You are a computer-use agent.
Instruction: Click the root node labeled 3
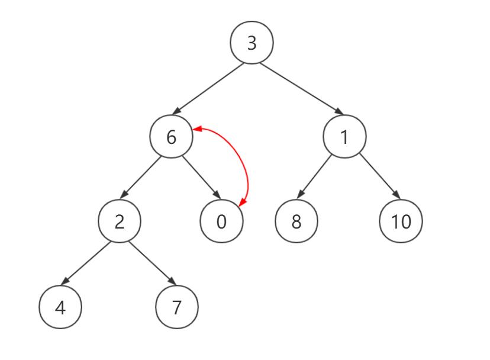point(252,43)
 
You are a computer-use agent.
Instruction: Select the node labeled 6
point(172,137)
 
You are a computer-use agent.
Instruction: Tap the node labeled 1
point(344,137)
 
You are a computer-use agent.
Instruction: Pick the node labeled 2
point(120,221)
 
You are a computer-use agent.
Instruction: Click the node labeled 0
point(222,221)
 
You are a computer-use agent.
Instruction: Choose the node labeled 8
point(296,221)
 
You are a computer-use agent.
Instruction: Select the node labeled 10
point(401,221)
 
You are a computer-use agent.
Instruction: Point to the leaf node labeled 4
point(60,308)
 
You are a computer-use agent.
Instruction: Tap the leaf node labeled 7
point(176,308)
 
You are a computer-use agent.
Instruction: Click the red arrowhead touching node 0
point(242,203)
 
